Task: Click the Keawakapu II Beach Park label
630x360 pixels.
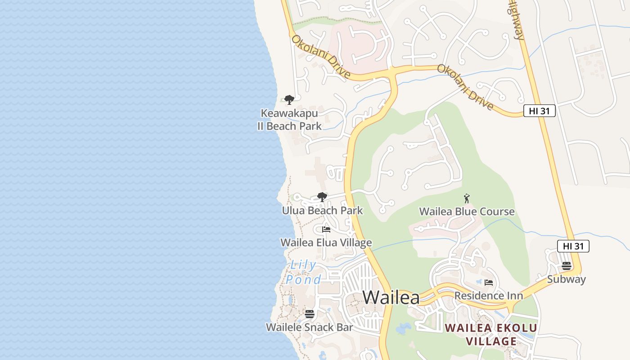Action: (x=289, y=120)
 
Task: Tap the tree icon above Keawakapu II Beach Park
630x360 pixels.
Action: (x=289, y=99)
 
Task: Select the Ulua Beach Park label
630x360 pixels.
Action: (x=322, y=211)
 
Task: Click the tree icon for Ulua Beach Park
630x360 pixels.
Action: (x=322, y=197)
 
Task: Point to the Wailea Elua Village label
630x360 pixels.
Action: (x=326, y=243)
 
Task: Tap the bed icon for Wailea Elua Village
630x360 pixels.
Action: (x=326, y=229)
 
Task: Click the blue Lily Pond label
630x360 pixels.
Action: (x=303, y=273)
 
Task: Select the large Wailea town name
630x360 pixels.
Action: (x=391, y=297)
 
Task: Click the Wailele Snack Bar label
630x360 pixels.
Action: (x=310, y=328)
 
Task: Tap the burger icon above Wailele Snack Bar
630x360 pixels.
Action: (x=310, y=314)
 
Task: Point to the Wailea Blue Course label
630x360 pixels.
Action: (x=467, y=211)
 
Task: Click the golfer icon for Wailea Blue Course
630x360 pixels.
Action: (x=467, y=198)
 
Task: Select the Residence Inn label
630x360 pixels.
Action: (x=489, y=296)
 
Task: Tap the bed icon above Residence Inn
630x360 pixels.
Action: (x=489, y=283)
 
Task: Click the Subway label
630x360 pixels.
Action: (x=567, y=279)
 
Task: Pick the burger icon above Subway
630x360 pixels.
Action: (x=567, y=266)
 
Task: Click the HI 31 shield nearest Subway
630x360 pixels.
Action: (x=573, y=246)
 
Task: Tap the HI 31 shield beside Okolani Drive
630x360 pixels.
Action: (x=539, y=111)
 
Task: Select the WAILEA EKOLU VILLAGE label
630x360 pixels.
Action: (x=491, y=334)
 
